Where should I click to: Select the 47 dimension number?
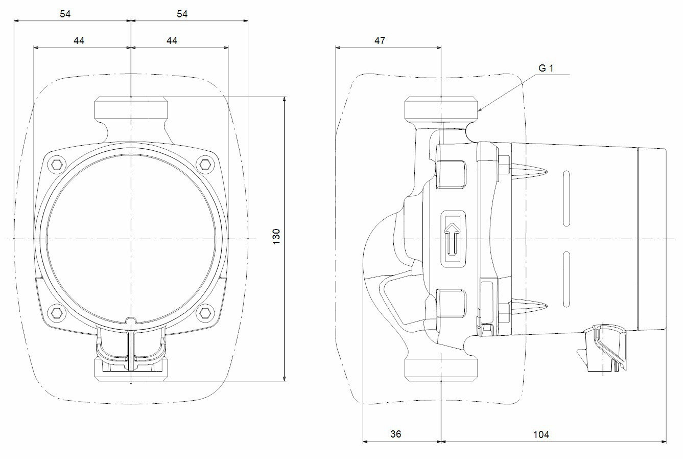[x=380, y=40]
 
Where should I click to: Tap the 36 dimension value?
[x=395, y=434]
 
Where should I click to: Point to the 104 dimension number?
[x=541, y=434]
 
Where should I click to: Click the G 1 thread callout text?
[x=546, y=68]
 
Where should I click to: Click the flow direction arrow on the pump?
[x=452, y=238]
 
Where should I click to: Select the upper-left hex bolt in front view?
[x=56, y=164]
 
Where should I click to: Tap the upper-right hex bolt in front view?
[x=205, y=164]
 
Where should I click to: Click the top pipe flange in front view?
[x=131, y=108]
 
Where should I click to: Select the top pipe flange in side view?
[x=441, y=108]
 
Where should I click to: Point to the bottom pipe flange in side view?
[x=441, y=369]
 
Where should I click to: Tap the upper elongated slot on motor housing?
[x=566, y=199]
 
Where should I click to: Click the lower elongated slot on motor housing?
[x=566, y=279]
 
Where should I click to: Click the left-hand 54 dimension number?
[x=65, y=14]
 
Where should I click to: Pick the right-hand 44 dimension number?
[x=172, y=40]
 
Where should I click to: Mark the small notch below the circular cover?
[x=131, y=320]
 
